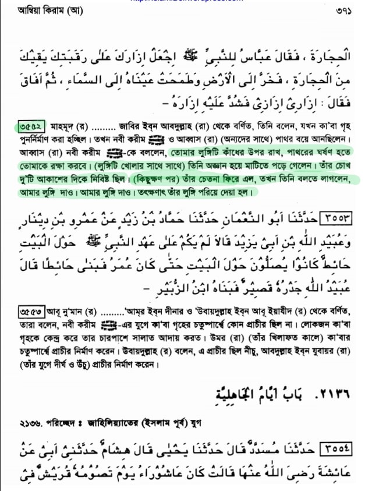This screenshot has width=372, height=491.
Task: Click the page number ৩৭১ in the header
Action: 344,10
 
